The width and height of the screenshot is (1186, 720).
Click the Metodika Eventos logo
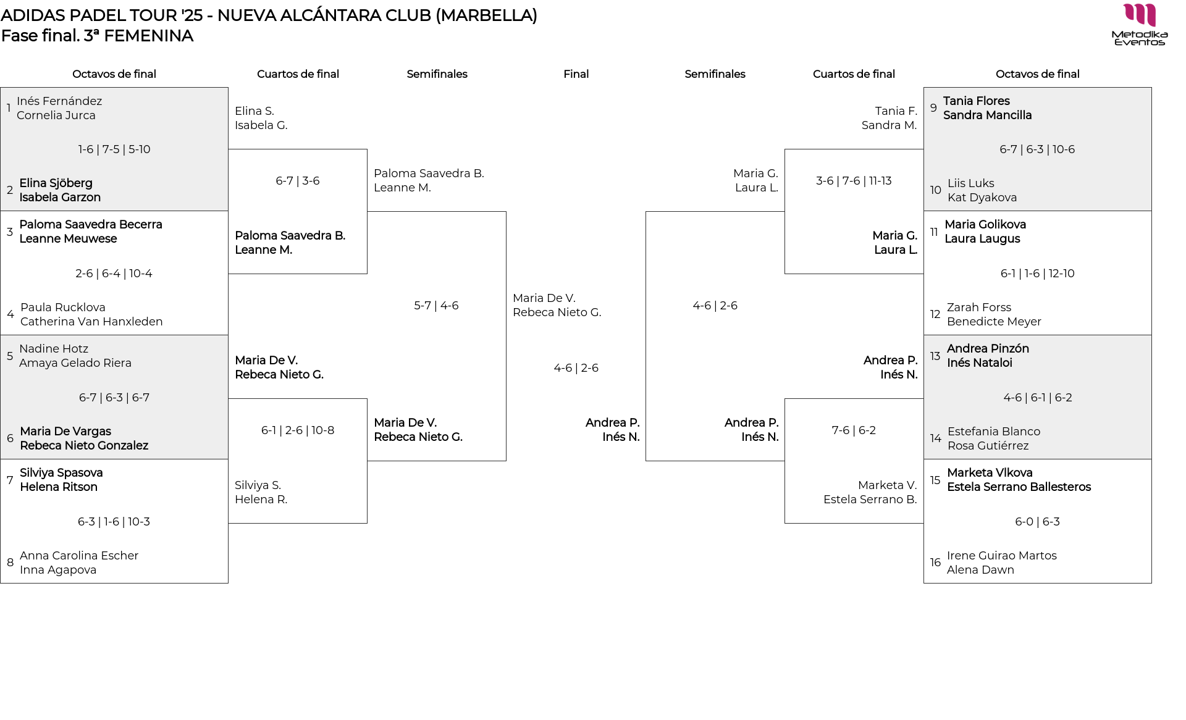click(1140, 25)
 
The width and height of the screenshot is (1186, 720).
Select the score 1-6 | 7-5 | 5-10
click(114, 149)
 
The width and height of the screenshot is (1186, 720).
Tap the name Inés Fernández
click(59, 101)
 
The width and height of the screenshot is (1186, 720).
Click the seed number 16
click(935, 563)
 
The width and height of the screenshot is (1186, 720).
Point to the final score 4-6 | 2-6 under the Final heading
click(576, 368)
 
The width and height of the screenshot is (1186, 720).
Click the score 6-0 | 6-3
click(1037, 522)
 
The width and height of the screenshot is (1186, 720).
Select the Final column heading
click(576, 74)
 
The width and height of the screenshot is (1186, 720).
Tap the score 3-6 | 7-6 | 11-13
click(854, 181)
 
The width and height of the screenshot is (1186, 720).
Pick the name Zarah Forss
click(979, 308)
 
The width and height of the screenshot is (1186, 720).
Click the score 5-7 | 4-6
click(436, 306)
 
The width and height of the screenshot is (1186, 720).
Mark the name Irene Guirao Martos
click(1001, 556)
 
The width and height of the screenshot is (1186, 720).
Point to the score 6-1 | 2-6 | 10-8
click(298, 430)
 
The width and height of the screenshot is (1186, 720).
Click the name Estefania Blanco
click(993, 432)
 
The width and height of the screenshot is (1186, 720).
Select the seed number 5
click(10, 356)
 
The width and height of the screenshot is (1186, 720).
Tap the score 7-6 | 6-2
click(854, 430)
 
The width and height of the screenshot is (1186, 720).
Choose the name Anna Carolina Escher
click(79, 556)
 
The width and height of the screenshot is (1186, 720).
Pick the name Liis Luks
click(970, 183)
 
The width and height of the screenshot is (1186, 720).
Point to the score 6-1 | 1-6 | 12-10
click(1037, 274)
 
